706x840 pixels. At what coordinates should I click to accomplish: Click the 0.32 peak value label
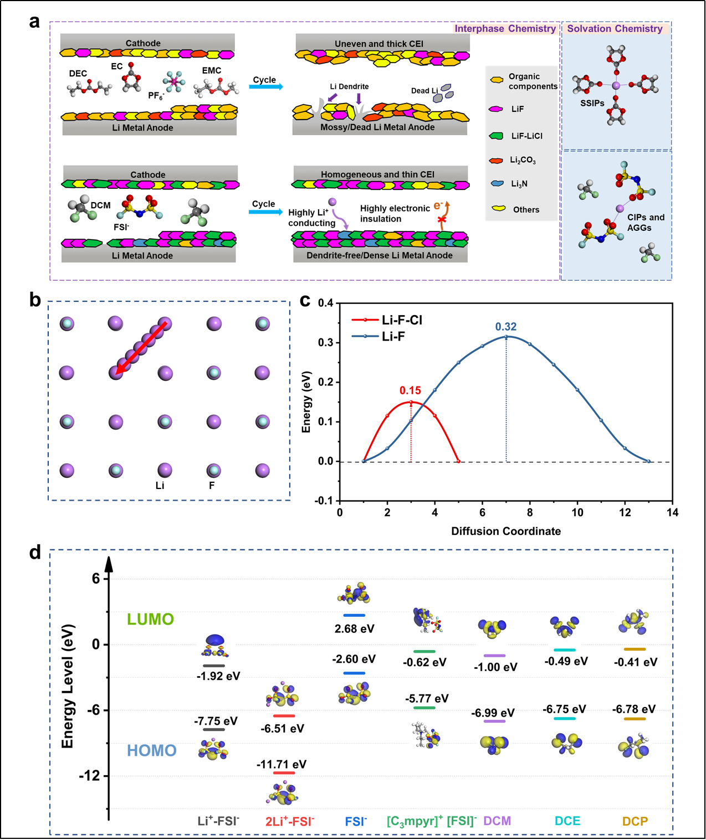tap(505, 327)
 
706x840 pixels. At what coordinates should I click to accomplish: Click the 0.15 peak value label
tap(410, 390)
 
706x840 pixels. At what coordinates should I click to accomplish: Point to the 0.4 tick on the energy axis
tap(326, 303)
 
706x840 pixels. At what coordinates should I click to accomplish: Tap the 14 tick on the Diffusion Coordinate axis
tap(672, 512)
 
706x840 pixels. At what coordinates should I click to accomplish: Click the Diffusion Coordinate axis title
tap(506, 531)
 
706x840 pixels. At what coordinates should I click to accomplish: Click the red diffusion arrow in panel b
tap(141, 348)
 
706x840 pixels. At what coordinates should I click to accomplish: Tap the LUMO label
tap(150, 619)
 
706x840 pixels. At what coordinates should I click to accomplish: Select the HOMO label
tap(151, 750)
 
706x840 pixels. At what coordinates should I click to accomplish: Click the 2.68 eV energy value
tap(354, 628)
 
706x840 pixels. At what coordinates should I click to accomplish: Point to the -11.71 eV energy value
tap(281, 764)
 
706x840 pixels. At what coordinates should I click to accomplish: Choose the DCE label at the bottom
tap(567, 821)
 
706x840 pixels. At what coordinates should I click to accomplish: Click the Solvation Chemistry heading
tap(615, 29)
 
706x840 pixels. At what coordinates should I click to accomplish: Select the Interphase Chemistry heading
tap(505, 29)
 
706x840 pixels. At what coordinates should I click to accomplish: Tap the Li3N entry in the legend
tap(519, 184)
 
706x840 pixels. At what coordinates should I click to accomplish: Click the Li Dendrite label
tap(349, 86)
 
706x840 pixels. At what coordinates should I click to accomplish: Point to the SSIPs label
tap(592, 103)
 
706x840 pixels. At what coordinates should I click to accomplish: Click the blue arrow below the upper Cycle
tap(266, 87)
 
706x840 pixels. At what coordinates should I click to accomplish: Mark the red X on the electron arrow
tap(442, 220)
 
